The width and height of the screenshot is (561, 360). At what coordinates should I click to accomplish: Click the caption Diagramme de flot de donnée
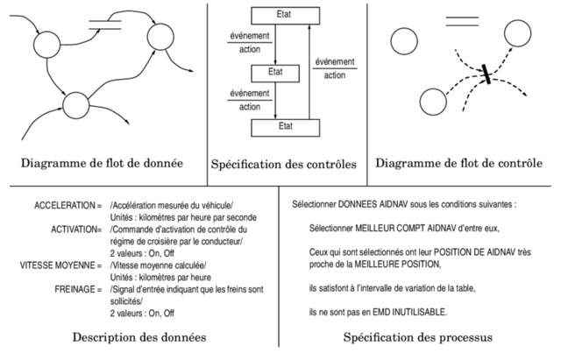click(102, 162)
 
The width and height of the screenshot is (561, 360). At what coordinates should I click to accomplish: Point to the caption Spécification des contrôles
click(283, 164)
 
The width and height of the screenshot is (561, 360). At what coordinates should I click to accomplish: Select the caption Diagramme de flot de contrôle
click(466, 162)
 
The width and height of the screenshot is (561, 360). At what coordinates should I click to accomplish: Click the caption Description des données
click(139, 337)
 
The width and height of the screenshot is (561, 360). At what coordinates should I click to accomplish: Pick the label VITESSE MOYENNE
click(53, 264)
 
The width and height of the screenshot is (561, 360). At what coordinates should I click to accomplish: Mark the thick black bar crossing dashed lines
click(483, 76)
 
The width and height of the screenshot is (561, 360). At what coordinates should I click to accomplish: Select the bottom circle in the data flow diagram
click(77, 106)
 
